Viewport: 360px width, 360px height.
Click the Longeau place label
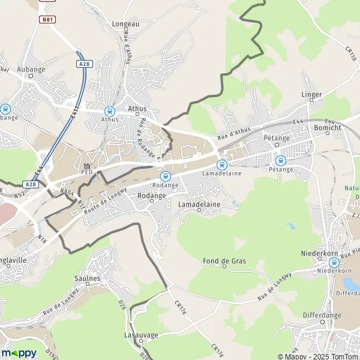125,24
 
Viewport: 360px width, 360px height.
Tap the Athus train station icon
109,110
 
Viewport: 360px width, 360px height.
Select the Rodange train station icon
166,176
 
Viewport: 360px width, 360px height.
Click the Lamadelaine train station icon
221,164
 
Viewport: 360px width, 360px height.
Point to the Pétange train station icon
280,160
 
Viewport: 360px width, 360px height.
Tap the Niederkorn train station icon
334,262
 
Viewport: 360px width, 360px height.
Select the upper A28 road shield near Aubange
84,62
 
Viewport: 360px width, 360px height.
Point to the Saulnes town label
88,278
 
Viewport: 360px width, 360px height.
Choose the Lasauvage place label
140,334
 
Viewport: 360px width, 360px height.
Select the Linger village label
311,94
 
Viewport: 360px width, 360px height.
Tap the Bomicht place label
327,128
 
